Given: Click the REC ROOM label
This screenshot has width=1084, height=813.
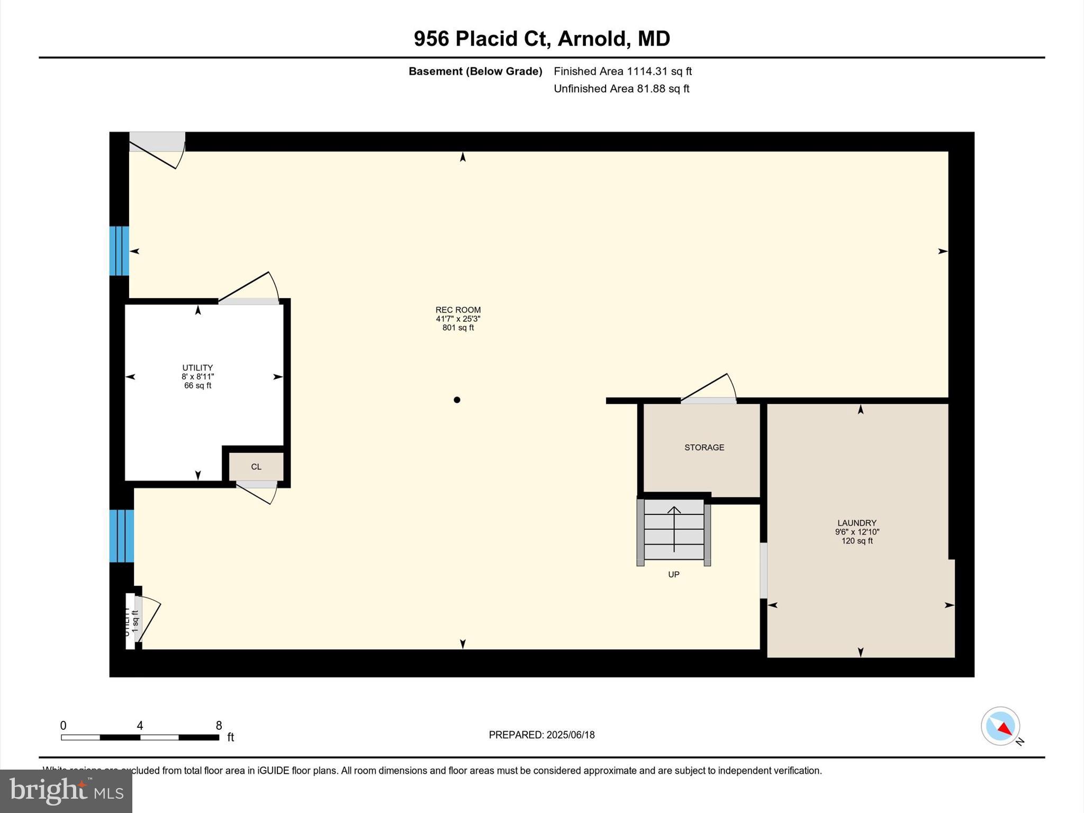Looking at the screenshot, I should (458, 310).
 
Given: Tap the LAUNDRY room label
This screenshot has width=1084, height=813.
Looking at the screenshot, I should (856, 523).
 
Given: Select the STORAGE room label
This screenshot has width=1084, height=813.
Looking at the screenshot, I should (704, 448).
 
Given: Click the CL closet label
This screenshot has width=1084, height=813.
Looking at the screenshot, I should (256, 467).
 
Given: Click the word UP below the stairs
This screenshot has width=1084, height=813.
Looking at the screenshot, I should (673, 575).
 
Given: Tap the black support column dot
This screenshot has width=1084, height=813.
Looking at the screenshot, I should (457, 400).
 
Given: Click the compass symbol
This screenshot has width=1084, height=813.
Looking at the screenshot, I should (1000, 726).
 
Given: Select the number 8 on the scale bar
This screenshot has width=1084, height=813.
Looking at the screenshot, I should (219, 726).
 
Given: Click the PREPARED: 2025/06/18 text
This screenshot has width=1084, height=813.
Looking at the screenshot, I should (541, 735).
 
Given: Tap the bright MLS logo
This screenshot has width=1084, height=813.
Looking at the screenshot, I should (66, 791).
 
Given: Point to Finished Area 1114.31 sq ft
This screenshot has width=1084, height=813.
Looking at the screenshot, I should (622, 71).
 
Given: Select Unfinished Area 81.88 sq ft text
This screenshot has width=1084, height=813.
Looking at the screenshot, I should (621, 89).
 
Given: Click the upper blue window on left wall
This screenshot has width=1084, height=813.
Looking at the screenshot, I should (119, 251).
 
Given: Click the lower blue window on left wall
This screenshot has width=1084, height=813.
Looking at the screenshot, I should (121, 536).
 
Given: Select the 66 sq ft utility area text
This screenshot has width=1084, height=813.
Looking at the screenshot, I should (197, 386).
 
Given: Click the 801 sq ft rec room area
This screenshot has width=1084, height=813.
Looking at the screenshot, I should (458, 328).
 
